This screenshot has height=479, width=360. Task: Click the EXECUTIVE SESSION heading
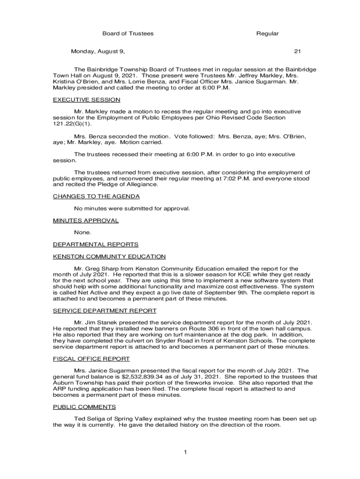pos(86,100)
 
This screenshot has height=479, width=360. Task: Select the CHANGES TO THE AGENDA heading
pos(96,196)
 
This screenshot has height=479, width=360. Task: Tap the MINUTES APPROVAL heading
pos(86,220)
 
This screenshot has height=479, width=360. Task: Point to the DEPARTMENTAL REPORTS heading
pos(95,244)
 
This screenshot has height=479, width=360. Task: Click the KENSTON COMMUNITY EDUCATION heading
pos(109,256)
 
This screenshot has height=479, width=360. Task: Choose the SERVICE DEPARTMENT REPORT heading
pos(105,311)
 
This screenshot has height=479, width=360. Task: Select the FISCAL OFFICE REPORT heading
pos(91,359)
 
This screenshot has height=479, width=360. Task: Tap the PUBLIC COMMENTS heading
pos(84,407)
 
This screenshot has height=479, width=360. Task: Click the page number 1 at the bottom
pos(185,452)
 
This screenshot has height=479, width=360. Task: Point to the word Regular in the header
pos(267,34)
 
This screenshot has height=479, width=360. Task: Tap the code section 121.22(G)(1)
pos(72,124)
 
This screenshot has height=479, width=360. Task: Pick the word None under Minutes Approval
pos(82,232)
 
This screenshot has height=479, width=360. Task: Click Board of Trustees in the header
pos(128,34)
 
